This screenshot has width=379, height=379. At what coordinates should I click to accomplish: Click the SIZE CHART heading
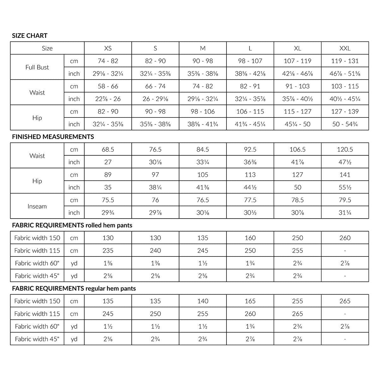pyautogui.click(x=30, y=36)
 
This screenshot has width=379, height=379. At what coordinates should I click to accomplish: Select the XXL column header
pyautogui.click(x=345, y=48)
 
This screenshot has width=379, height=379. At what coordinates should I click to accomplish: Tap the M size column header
pyautogui.click(x=203, y=48)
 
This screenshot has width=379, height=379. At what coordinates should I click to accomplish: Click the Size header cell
pyautogui.click(x=47, y=48)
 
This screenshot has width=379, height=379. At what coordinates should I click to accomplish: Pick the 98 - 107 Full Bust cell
pyautogui.click(x=250, y=61)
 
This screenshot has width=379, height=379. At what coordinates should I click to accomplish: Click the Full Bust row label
pyautogui.click(x=37, y=67)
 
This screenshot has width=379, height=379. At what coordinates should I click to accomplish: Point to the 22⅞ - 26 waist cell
pyautogui.click(x=108, y=99)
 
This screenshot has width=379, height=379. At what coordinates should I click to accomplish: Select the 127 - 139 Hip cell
pyautogui.click(x=345, y=111)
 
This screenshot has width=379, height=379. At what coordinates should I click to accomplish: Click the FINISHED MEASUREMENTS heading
pyautogui.click(x=53, y=137)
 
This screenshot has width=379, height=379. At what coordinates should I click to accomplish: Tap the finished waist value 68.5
pyautogui.click(x=108, y=149)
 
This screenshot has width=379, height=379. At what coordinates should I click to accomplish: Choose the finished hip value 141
pyautogui.click(x=345, y=175)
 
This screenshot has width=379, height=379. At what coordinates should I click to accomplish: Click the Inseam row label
pyautogui.click(x=37, y=206)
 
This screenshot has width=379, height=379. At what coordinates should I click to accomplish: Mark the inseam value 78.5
pyautogui.click(x=298, y=200)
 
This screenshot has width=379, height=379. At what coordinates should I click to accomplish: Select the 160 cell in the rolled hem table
pyautogui.click(x=250, y=238)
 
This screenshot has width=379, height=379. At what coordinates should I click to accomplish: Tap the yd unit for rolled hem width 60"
pyautogui.click(x=74, y=263)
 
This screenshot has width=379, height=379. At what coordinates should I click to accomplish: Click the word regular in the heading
pyautogui.click(x=96, y=288)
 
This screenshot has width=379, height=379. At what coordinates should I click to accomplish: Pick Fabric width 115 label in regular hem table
pyautogui.click(x=37, y=314)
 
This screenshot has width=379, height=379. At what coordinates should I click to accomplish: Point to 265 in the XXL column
pyautogui.click(x=345, y=301)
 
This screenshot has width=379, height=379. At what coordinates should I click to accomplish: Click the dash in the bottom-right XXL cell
pyautogui.click(x=345, y=339)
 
